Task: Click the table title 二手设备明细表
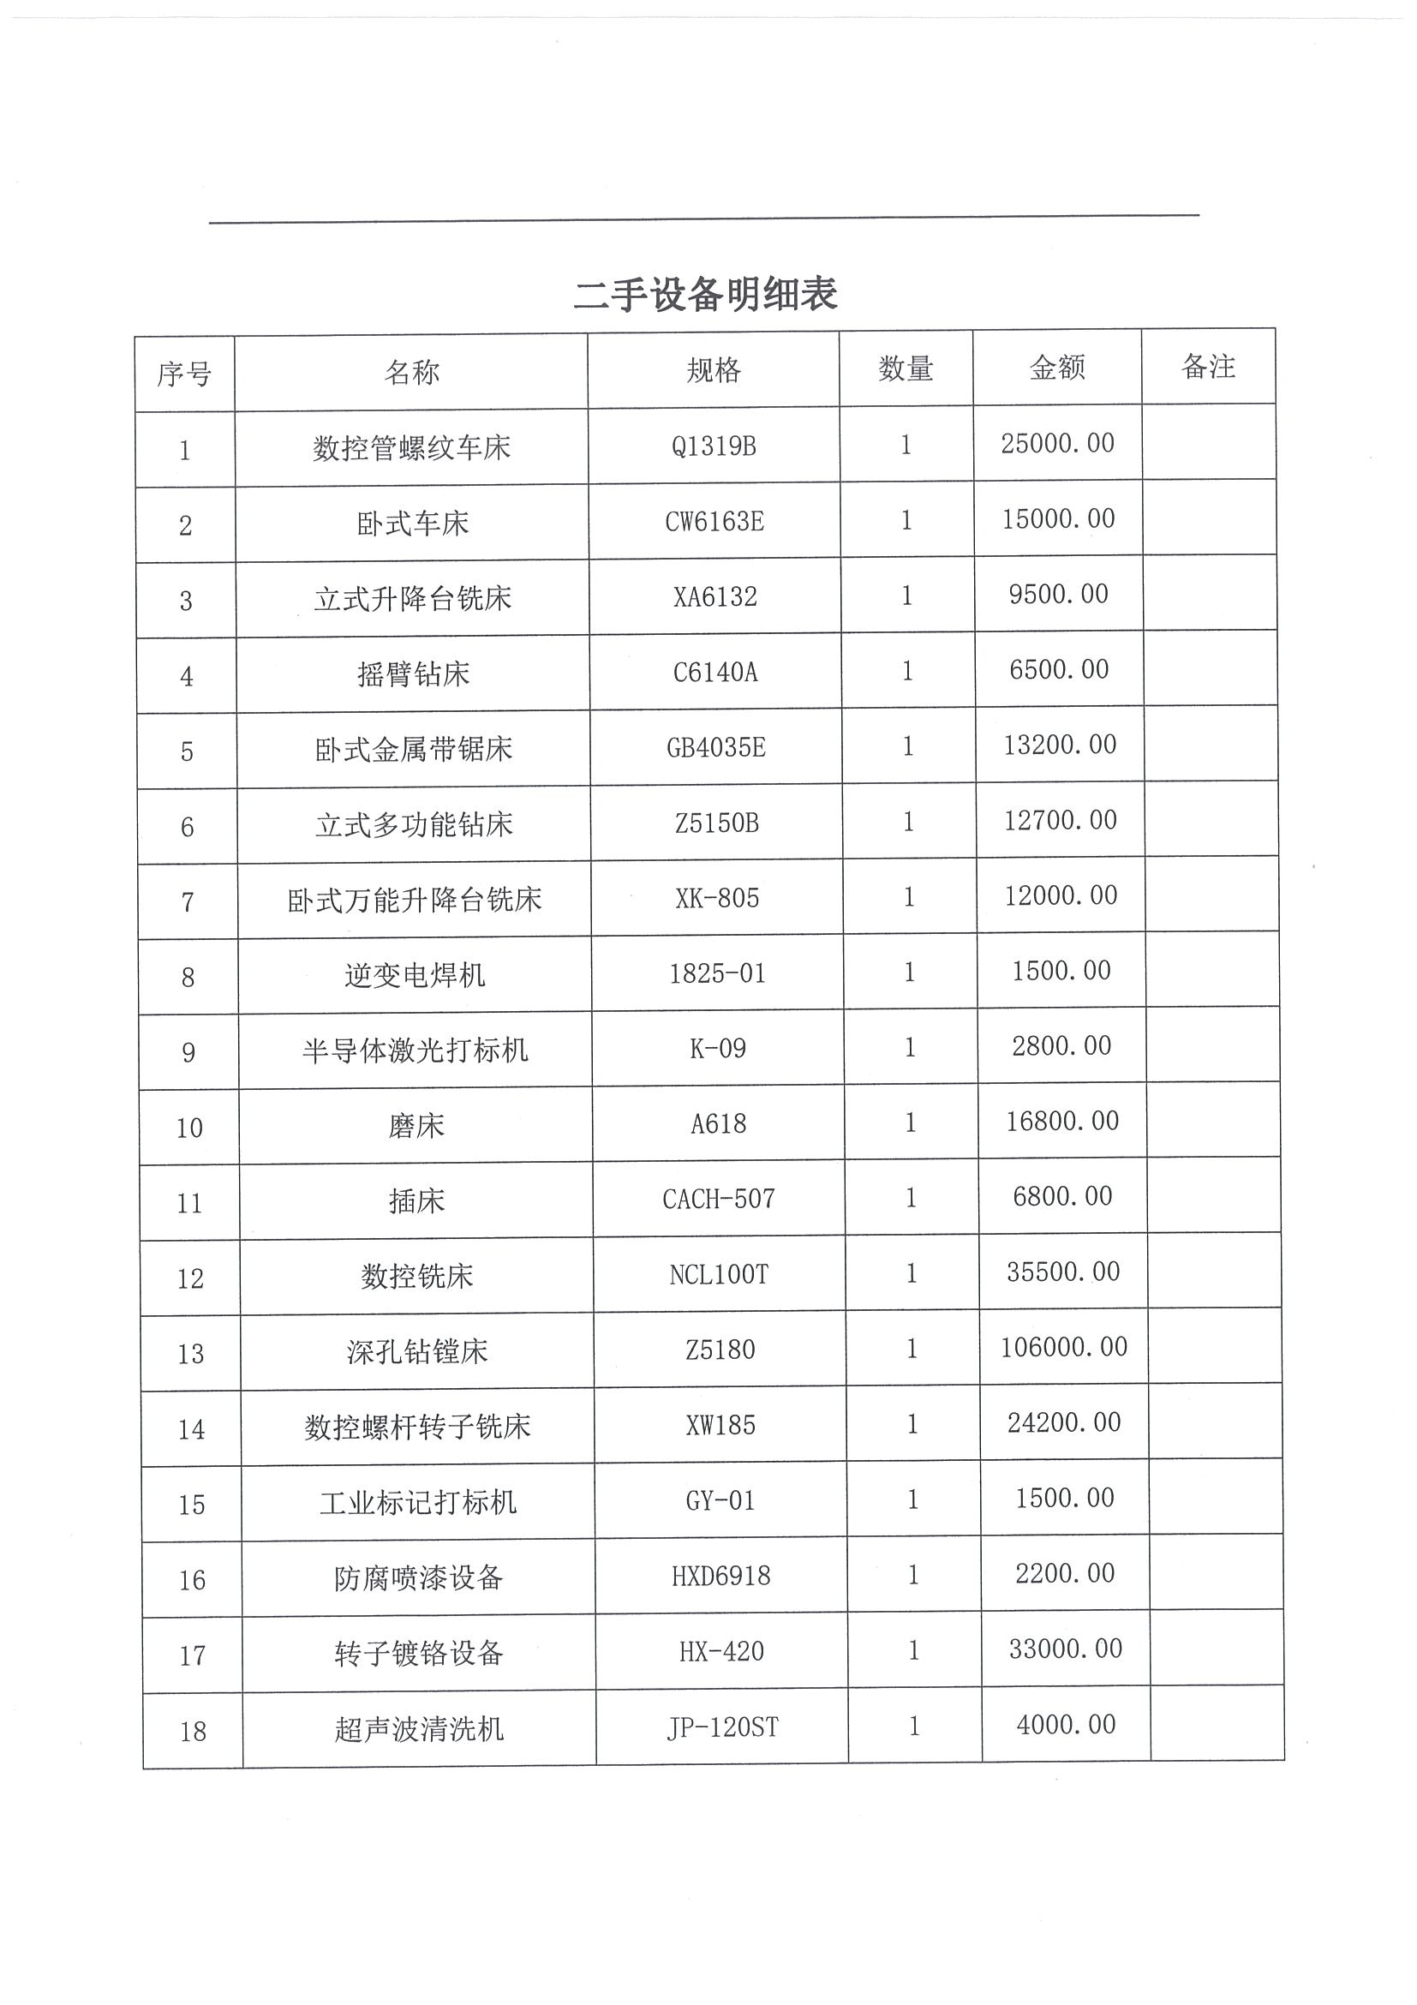705,294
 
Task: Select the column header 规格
714,370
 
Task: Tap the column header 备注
1208,367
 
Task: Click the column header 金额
1057,368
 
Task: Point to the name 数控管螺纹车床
411,448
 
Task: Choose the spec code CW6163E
714,521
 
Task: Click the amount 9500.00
1058,595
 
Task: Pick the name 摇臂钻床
413,673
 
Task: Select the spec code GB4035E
716,747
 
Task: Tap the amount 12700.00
1060,820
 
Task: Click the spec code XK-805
717,898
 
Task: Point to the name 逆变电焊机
415,974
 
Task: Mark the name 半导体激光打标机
415,1050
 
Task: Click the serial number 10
189,1128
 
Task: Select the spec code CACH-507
719,1199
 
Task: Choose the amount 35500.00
1062,1272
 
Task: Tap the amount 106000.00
1063,1347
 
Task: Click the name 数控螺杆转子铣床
417,1427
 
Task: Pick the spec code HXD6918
720,1577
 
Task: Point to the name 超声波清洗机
419,1729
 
